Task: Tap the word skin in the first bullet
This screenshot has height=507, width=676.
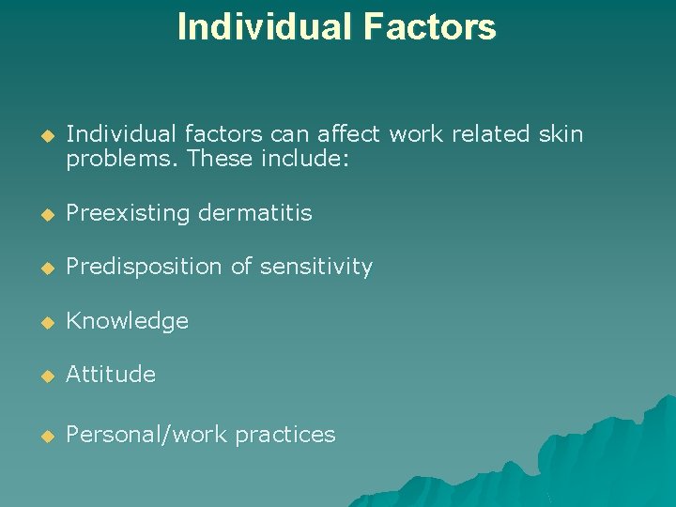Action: click(561, 134)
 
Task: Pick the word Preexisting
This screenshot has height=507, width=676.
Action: click(129, 213)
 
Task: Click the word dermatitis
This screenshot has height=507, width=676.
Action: click(255, 213)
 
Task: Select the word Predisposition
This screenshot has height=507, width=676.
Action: click(145, 268)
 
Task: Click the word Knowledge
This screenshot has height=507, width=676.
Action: click(128, 321)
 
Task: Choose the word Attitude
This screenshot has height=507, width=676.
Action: click(111, 374)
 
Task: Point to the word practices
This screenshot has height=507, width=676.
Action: click(285, 435)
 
